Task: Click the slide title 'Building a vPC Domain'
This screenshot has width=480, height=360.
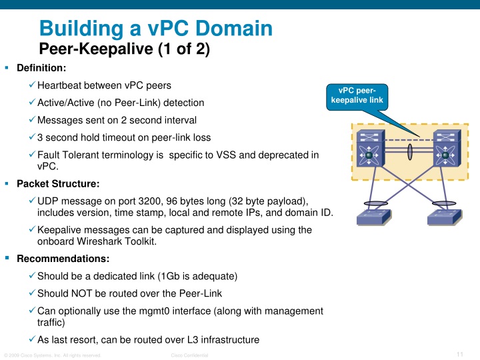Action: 156,29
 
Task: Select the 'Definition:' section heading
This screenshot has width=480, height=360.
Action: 41,68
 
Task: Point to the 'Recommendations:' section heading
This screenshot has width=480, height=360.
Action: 63,258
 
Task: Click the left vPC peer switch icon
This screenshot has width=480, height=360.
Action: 368,150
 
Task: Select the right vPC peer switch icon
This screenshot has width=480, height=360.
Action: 445,150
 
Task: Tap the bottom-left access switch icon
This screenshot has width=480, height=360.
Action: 374,218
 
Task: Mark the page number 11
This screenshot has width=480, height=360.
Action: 460,353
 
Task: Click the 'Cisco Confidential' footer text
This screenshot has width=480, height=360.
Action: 190,355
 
